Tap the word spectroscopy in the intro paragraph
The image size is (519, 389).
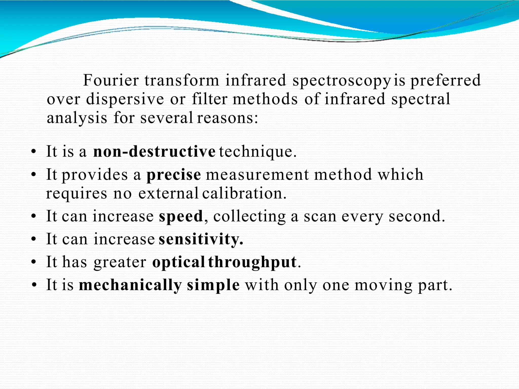[341, 81]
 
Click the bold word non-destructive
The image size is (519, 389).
[154, 151]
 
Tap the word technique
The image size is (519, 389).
[257, 151]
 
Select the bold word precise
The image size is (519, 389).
[174, 175]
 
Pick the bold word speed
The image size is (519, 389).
[181, 216]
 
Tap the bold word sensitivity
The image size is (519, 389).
[201, 239]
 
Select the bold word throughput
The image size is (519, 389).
[252, 262]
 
